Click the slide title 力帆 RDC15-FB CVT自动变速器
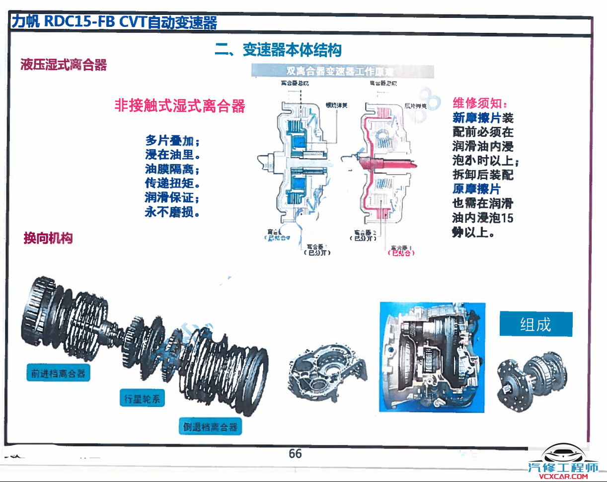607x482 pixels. pos(114,22)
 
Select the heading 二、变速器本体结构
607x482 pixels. pos(278,50)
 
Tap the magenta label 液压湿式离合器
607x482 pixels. pos(64,65)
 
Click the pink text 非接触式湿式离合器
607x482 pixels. pos(180,105)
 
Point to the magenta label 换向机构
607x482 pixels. pos(48,238)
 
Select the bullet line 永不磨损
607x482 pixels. pos(171,213)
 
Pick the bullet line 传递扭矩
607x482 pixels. pos(171,184)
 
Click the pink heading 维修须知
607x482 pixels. pos(479,103)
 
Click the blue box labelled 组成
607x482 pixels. pos(535,324)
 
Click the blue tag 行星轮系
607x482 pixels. pos(142,398)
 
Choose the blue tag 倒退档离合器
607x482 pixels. pos(210,426)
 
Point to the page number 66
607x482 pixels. pos(295,454)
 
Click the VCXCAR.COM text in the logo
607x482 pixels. pos(563,477)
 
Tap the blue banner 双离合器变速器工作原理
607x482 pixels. pos(343,72)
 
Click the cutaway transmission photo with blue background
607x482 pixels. pos(432,357)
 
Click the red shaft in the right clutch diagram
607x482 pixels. pos(392,162)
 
